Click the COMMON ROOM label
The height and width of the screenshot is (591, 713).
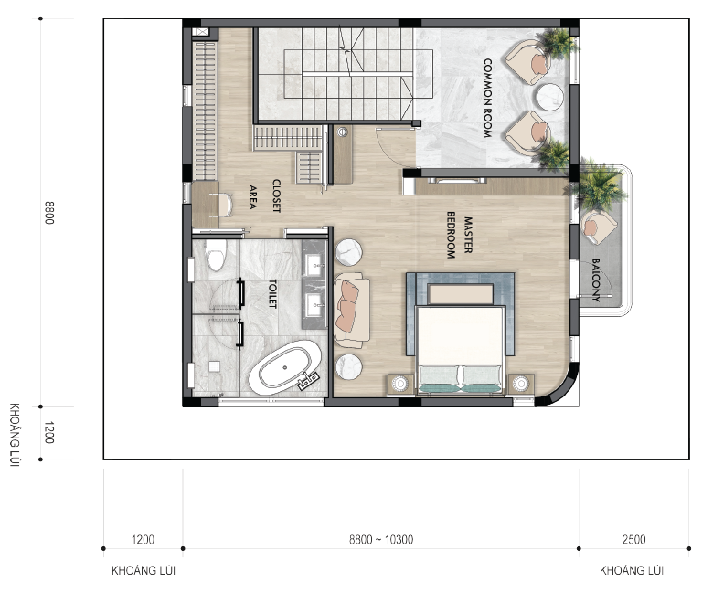[x=487, y=98]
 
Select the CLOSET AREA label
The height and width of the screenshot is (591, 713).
[x=264, y=196]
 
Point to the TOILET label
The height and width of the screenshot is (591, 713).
[x=272, y=293]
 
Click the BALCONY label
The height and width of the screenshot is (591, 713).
[x=596, y=280]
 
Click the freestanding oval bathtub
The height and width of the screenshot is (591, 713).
[x=284, y=367]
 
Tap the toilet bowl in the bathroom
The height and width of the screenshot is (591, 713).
[x=216, y=255]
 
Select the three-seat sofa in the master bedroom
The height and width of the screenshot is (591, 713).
[x=352, y=310]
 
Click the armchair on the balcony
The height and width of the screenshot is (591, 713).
[x=599, y=226]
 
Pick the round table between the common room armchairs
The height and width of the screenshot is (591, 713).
[x=548, y=97]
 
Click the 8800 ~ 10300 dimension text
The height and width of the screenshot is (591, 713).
[x=381, y=540]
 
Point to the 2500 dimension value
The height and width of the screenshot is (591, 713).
[x=633, y=540]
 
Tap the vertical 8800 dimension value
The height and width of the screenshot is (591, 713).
[x=49, y=213]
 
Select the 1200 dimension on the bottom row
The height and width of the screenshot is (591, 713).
[x=143, y=540]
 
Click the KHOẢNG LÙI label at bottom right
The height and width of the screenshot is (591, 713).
[x=631, y=571]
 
